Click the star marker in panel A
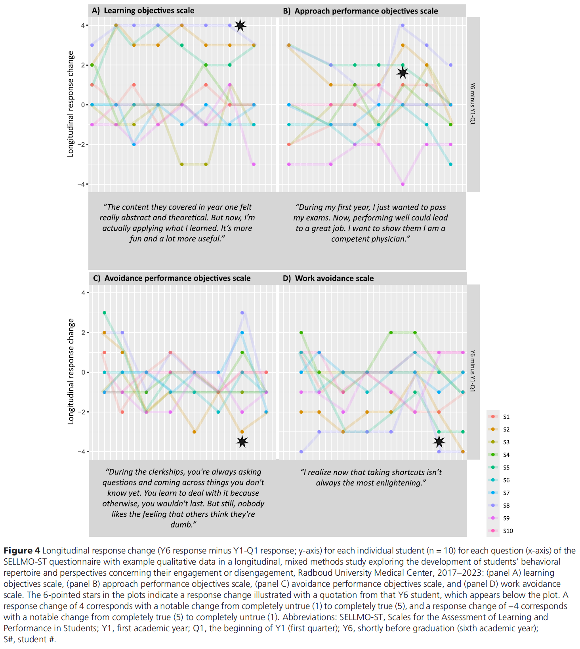point(240,26)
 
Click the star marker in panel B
point(403,73)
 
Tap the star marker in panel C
point(242,442)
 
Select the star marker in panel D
point(439,442)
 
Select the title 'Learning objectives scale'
point(149,11)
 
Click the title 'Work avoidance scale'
point(334,278)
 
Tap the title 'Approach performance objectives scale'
point(366,11)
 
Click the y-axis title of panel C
point(71,372)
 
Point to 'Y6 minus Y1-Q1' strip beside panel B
point(473,104)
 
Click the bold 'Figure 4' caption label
point(22,551)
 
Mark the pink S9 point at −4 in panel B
point(403,184)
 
